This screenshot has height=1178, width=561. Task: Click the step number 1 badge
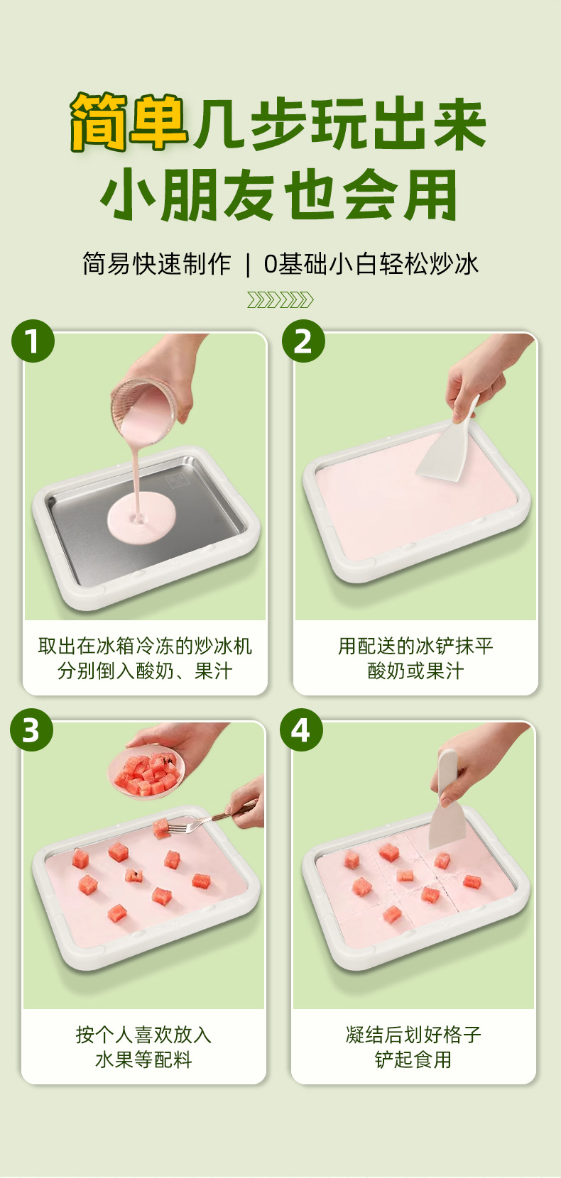(x=33, y=341)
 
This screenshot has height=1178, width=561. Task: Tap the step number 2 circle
(x=303, y=341)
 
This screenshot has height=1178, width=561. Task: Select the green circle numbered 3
(x=31, y=730)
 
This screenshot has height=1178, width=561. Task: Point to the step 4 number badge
(x=301, y=730)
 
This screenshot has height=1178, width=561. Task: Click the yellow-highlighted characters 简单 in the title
(x=129, y=122)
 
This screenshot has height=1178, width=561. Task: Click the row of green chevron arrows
(x=280, y=300)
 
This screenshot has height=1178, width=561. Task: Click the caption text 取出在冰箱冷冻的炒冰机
(x=145, y=646)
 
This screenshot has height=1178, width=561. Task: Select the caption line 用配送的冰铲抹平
(x=415, y=646)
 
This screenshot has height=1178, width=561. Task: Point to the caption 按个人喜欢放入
(x=144, y=1035)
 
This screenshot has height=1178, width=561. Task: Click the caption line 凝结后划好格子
(x=414, y=1035)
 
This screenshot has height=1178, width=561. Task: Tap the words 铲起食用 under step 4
(x=414, y=1059)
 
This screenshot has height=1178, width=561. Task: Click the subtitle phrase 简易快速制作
(x=157, y=264)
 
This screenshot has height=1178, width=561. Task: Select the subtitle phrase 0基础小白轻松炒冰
(x=371, y=264)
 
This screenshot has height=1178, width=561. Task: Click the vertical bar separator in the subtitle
(x=248, y=264)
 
